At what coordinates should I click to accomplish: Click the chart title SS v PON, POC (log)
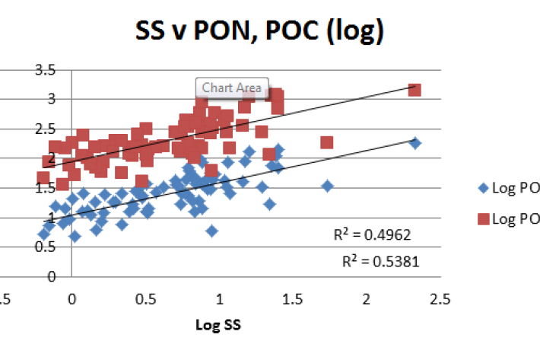pos(259,32)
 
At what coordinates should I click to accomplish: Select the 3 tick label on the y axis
pos(51,99)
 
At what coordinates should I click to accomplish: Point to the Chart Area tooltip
pos(232,88)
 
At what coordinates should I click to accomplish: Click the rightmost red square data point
pos(415,91)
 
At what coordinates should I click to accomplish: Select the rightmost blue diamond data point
pos(415,143)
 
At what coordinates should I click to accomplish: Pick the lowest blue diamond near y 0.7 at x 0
pos(75,236)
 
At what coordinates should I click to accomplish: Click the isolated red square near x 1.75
pos(327,142)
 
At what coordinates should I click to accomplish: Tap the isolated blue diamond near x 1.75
pos(328,186)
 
